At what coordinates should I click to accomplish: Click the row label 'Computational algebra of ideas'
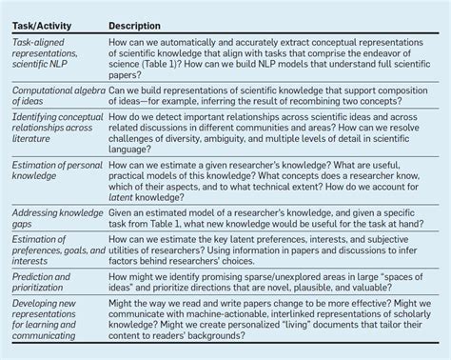pos(53,96)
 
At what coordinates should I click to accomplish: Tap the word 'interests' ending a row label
pos(32,262)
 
